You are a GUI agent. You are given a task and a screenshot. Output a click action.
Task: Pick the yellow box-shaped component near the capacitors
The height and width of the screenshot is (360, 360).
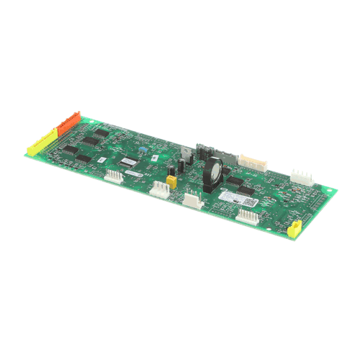[171, 182]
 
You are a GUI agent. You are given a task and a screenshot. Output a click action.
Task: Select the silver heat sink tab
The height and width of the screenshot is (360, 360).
[185, 153]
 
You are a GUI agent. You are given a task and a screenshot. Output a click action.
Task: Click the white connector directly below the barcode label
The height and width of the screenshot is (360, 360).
[246, 215]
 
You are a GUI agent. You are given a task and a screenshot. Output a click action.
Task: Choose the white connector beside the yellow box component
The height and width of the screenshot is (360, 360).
[161, 189]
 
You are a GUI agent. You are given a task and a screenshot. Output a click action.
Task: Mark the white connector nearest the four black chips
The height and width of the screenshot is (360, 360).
[114, 176]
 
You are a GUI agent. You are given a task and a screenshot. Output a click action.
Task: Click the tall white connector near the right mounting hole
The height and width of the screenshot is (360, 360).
[301, 178]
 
